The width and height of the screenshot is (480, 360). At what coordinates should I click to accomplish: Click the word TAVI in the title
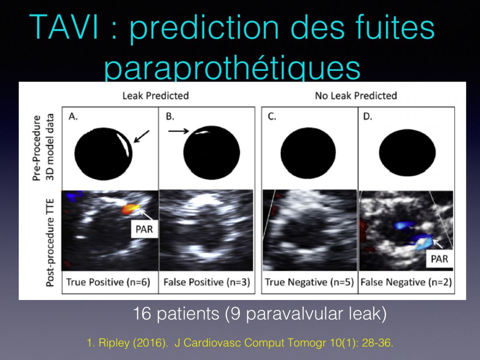(64, 28)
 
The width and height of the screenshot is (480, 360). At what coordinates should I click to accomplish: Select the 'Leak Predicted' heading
(156, 96)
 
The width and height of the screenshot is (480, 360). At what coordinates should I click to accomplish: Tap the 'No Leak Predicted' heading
(356, 96)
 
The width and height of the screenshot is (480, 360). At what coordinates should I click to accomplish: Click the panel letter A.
(73, 117)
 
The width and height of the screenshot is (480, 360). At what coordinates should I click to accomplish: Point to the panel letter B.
(170, 116)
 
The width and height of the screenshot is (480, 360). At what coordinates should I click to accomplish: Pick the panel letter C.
(272, 117)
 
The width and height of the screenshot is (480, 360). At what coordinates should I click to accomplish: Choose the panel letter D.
(367, 117)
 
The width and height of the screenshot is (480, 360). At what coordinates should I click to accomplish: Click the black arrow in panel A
(141, 136)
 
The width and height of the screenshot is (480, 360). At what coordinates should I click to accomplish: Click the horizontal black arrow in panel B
(178, 131)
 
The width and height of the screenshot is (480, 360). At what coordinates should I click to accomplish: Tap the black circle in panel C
(308, 153)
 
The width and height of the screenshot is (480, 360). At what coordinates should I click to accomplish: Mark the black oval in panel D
(407, 152)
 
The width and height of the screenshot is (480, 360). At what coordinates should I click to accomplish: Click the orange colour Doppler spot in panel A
(130, 209)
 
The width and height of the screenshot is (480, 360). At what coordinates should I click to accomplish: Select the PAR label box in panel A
(144, 229)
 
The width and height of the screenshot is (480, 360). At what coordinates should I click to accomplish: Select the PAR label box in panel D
(439, 259)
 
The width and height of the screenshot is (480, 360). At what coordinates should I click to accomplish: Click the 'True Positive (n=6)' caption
(108, 282)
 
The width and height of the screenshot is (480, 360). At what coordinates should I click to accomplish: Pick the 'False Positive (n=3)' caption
(207, 282)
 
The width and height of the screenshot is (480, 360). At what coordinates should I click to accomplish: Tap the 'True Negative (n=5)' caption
(309, 282)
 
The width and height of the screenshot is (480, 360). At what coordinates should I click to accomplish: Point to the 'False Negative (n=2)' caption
(406, 282)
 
